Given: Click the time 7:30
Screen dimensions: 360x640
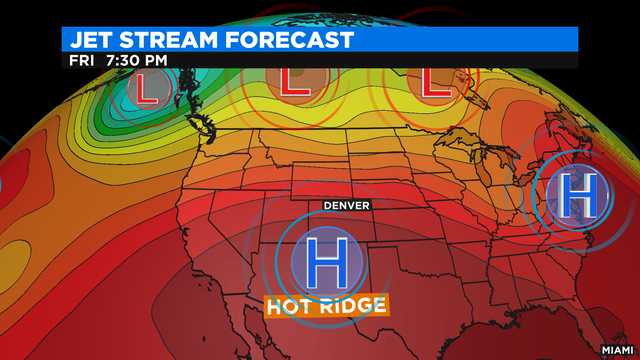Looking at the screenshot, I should [x=124, y=60].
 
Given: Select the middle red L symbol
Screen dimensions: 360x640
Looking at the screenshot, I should [x=296, y=79].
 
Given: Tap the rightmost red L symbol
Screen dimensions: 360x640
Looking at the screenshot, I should [x=433, y=79].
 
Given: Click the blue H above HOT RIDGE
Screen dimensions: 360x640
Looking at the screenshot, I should [x=325, y=260].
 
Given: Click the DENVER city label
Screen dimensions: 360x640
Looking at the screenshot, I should [x=346, y=205].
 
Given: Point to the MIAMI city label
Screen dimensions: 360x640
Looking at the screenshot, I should [x=617, y=349].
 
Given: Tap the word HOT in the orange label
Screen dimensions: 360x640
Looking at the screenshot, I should [x=293, y=305].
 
